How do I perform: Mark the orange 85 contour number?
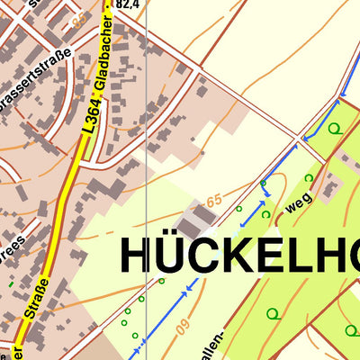pos(80,18)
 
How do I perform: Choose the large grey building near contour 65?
pos(193,221)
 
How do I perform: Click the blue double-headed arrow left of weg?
pos(253,213)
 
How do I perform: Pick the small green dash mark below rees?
pos(12,284)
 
